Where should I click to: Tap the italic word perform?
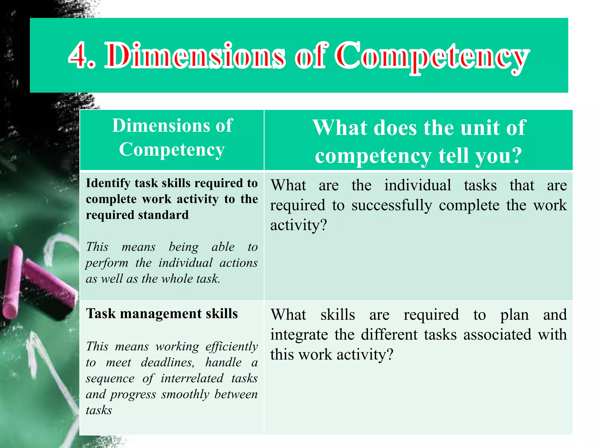click(107, 263)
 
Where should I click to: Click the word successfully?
click(392, 205)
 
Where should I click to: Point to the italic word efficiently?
click(232, 347)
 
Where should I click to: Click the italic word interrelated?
click(192, 379)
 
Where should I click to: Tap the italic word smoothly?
click(185, 395)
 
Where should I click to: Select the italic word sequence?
click(110, 379)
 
